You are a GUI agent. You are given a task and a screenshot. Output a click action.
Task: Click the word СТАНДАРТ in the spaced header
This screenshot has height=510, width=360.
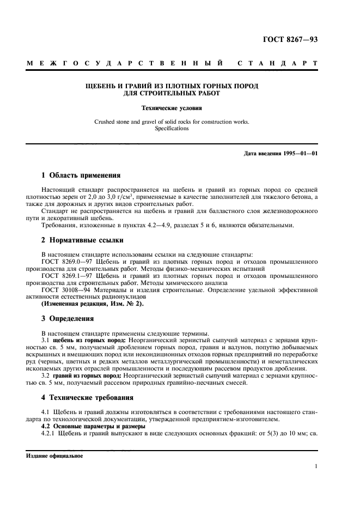coord(277,65)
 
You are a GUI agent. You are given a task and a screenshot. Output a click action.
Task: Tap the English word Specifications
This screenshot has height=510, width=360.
coord(171,129)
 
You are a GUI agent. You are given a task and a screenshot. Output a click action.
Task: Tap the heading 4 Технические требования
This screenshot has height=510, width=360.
coord(87,397)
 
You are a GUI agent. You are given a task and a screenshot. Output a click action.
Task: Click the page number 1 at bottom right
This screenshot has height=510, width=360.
coord(316,466)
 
